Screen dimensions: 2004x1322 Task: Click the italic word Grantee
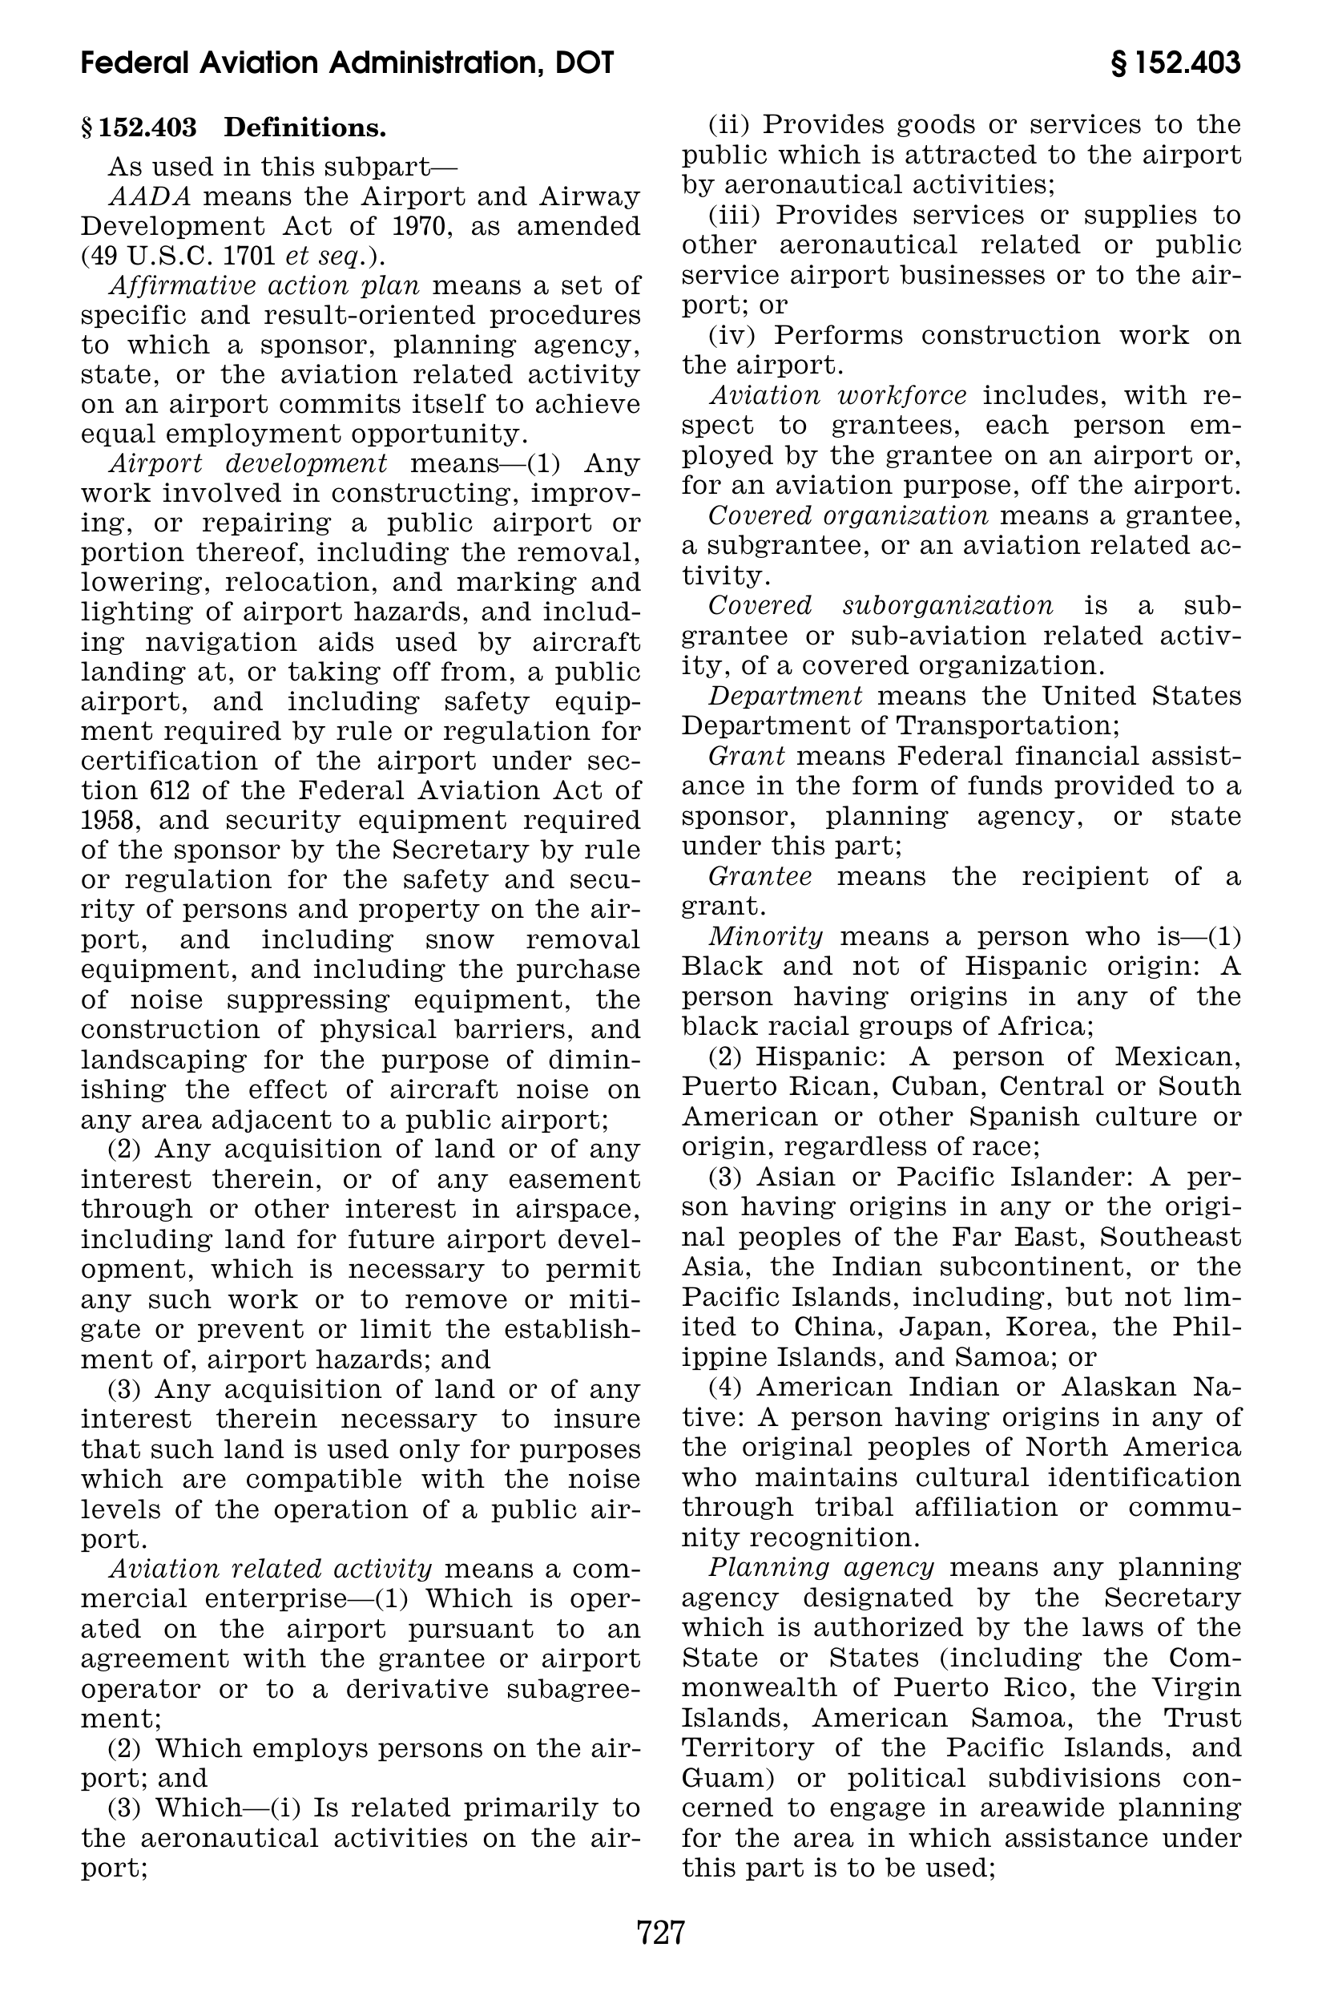[x=760, y=876]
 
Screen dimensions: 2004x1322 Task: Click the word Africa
[x=1042, y=1027]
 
